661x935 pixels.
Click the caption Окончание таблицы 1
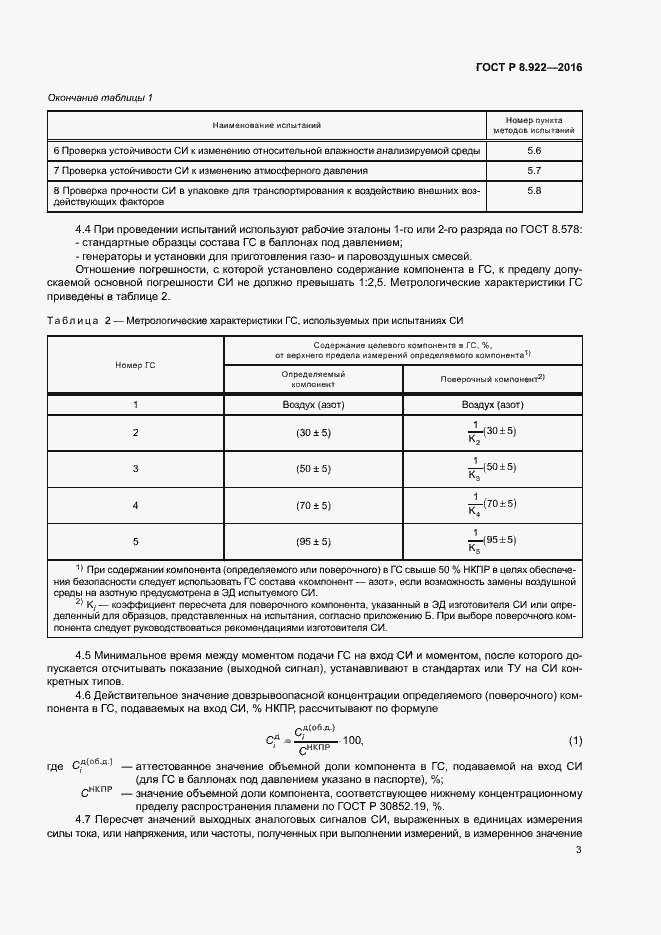101,97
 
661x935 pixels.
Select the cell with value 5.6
533,150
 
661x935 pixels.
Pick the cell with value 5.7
533,171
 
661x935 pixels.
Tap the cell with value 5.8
533,190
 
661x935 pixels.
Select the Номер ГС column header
136,366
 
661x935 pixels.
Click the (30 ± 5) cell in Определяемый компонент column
313,432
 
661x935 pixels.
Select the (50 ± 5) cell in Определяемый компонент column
313,469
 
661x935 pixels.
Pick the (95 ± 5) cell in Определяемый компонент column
313,542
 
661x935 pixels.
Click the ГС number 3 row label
136,469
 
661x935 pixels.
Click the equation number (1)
575,740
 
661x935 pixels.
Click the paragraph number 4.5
86,654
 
